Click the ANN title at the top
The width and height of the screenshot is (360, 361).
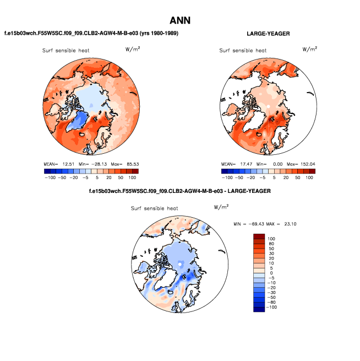tap(180, 20)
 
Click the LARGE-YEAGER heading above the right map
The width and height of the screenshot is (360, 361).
tap(268, 34)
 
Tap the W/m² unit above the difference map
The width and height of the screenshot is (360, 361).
tap(221, 207)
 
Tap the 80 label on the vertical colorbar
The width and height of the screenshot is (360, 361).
tap(271, 243)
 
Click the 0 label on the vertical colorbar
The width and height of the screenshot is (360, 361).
tap(270, 273)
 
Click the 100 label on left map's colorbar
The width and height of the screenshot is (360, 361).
tap(132, 178)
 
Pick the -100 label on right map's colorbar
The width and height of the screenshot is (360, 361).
tap(226, 178)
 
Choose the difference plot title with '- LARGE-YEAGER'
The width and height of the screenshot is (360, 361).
tap(180, 191)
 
